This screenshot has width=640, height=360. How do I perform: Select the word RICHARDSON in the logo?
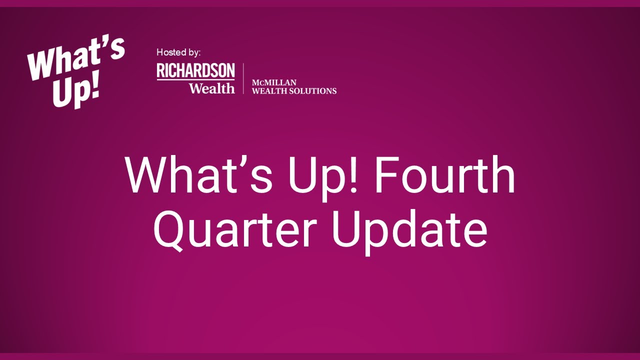coord(195,70)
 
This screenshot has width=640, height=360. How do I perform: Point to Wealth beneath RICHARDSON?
coord(211,88)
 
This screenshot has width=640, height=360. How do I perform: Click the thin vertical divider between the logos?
coord(243,78)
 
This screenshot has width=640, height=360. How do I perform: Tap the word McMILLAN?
coord(274,82)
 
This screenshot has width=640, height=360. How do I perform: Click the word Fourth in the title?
coord(445,175)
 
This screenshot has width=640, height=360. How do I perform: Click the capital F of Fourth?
coord(385,175)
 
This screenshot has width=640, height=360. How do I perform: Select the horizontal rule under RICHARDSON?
coord(195,79)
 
